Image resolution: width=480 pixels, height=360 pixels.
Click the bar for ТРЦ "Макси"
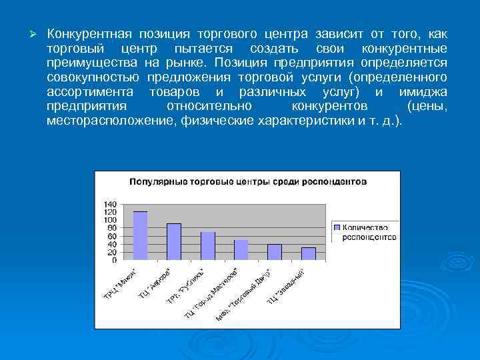pos(141,235)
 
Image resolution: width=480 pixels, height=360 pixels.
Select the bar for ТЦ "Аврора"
pos(174,241)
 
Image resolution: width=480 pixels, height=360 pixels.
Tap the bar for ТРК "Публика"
pos(208,246)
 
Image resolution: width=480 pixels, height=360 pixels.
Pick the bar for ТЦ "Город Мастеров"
pos(241,250)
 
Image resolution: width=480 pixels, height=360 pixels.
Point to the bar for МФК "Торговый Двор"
pos(275,252)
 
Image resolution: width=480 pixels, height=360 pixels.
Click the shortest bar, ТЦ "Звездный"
pos(308,254)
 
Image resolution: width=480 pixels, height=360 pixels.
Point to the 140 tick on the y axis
pos(110,204)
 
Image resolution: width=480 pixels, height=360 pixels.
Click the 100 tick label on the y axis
pos(110,220)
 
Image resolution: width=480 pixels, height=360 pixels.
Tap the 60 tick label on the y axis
pos(112,236)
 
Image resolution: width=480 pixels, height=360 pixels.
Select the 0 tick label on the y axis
pos(114,260)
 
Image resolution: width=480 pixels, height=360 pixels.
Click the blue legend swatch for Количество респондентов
pos(337,227)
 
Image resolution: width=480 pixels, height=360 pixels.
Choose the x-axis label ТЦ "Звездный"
pos(287,285)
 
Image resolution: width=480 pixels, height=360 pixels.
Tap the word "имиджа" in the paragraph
pos(423,92)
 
